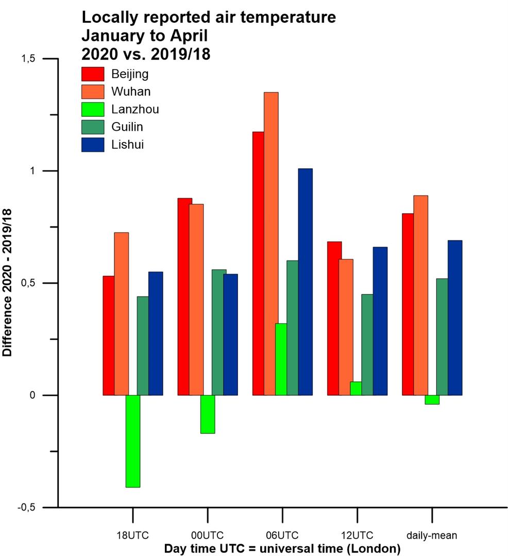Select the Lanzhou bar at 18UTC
tap(133, 441)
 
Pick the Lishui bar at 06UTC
tap(305, 282)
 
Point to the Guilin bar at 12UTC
tap(367, 344)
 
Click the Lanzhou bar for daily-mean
tap(432, 399)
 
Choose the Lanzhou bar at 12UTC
tap(355, 388)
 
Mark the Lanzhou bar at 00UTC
tap(208, 414)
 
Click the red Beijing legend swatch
tap(93, 74)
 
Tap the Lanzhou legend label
tap(135, 109)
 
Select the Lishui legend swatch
tap(93, 145)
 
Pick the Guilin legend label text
tap(127, 127)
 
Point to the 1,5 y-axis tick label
tap(30, 59)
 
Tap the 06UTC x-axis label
tap(282, 535)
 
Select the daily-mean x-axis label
tap(432, 535)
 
